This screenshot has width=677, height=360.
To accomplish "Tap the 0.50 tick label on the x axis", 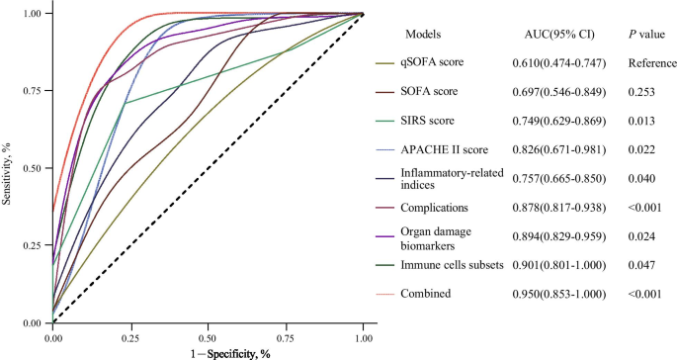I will click(x=209, y=336).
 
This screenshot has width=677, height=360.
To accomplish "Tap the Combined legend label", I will click(x=427, y=295).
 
